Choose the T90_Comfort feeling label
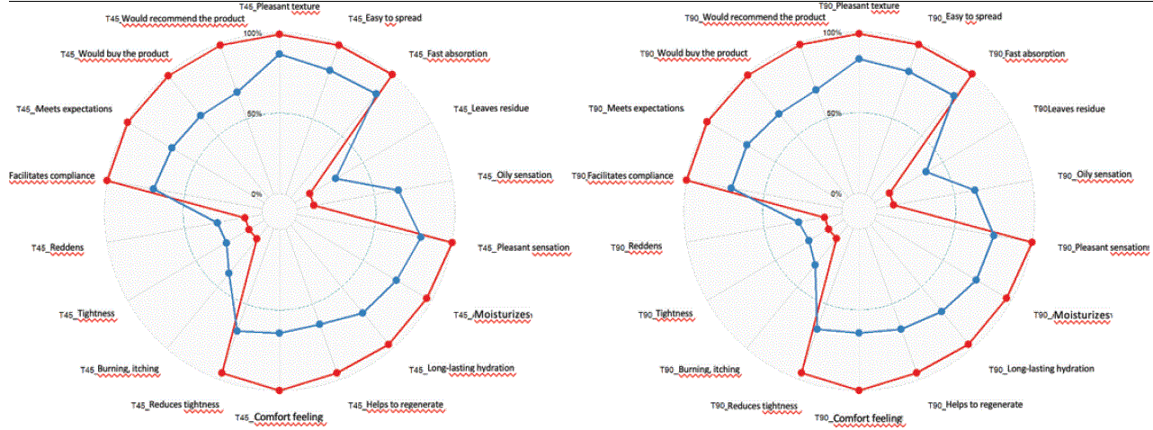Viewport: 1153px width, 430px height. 858,418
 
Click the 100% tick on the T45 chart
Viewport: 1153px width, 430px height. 255,34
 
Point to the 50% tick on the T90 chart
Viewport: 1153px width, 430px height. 835,114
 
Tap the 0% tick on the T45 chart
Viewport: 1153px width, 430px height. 258,194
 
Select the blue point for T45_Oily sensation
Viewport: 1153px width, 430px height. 398,190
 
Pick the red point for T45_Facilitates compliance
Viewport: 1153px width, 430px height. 107,181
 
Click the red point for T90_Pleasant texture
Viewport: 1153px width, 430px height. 859,34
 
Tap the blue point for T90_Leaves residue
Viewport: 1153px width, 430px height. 925,172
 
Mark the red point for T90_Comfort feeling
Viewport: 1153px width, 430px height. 859,390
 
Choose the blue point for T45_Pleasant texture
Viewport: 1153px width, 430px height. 279,55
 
